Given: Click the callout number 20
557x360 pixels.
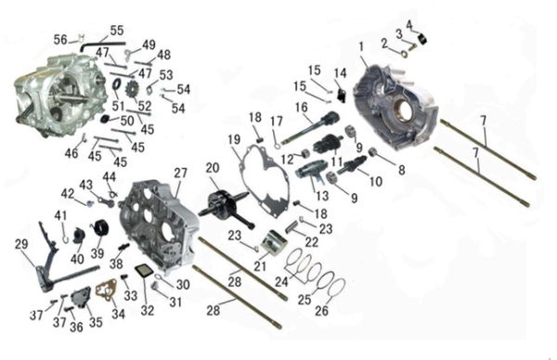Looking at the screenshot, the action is [x=213, y=168].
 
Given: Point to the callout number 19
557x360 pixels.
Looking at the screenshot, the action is [x=234, y=139].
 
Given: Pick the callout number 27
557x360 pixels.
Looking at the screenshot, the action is [x=180, y=173].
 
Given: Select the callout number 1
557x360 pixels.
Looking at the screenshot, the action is [x=361, y=46].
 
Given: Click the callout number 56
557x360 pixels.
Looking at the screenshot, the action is [x=60, y=39].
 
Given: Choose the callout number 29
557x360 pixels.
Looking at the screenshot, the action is [x=21, y=244].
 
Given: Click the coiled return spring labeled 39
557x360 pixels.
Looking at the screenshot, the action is [x=100, y=229].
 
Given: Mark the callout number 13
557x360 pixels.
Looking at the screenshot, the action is [x=322, y=196].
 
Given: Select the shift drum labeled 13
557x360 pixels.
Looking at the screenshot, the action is [x=310, y=171].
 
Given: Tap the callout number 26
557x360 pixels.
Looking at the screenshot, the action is [x=321, y=311].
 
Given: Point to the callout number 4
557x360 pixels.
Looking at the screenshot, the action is [x=409, y=25].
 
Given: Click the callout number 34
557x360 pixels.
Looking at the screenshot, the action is [x=118, y=314].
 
